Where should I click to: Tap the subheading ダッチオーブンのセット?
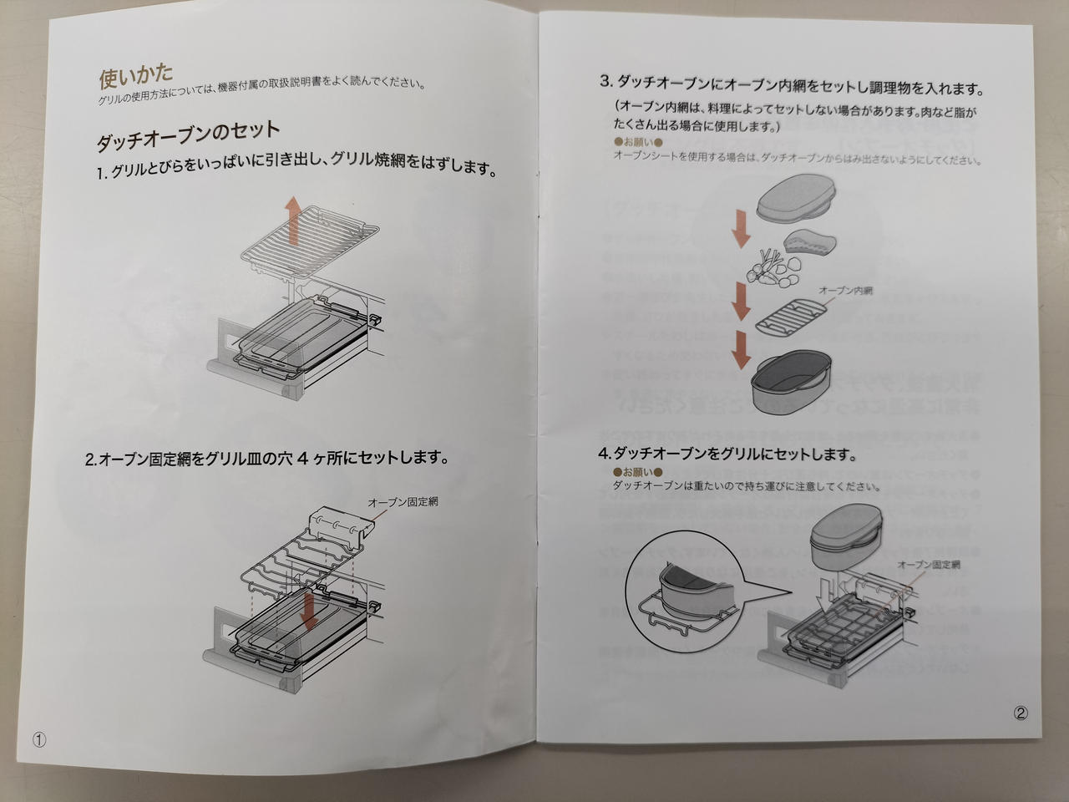tap(188, 136)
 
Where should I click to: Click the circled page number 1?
tap(39, 740)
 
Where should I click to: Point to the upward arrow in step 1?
tap(292, 220)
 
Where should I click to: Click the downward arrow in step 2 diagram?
tap(308, 609)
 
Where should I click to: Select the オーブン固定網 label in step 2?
tap(403, 502)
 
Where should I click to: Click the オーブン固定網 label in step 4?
tap(928, 565)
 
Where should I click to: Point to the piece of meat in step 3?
tap(810, 242)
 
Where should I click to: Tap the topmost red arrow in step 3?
tap(742, 228)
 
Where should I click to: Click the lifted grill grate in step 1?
tap(310, 241)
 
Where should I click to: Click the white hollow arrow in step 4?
tap(827, 592)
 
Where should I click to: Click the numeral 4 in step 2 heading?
tap(302, 458)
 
